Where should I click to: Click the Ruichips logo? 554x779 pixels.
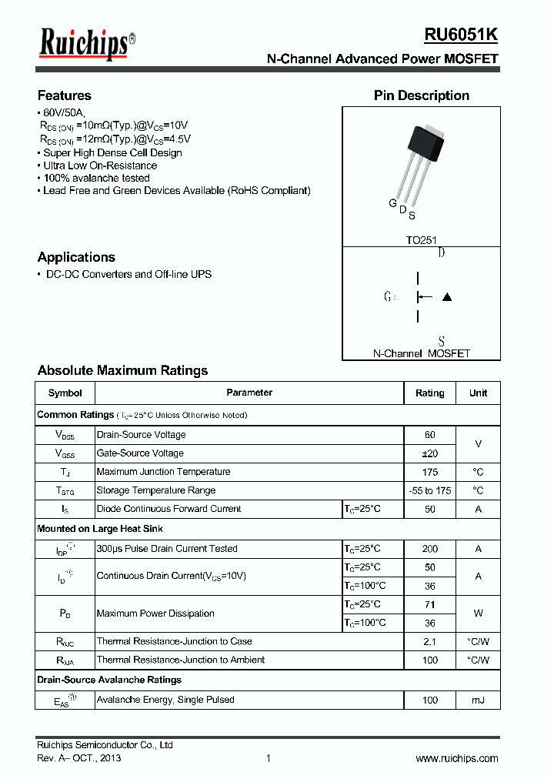[86, 44]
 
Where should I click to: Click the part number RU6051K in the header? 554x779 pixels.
[461, 35]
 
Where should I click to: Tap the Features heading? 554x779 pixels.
[65, 95]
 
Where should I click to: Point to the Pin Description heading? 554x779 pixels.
[422, 95]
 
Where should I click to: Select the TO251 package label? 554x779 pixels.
[422, 240]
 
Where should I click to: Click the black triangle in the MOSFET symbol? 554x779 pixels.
[447, 297]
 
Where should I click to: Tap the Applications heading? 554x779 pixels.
[76, 257]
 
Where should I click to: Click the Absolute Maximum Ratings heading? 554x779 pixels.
[122, 370]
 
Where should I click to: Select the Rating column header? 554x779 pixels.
[430, 393]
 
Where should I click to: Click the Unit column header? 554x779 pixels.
[478, 393]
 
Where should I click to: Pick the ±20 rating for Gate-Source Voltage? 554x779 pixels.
[430, 453]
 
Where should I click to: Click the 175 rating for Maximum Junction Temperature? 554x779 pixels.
[430, 472]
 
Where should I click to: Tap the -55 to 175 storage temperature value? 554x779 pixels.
[430, 490]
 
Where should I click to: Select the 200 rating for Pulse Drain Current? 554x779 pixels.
[430, 549]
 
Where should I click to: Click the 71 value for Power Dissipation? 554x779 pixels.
[430, 604]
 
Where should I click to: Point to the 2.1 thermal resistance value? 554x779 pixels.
[430, 641]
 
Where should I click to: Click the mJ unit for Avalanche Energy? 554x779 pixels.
[478, 700]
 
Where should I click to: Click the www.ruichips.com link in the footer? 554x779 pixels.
[457, 758]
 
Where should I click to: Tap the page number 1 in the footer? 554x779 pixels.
[269, 758]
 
